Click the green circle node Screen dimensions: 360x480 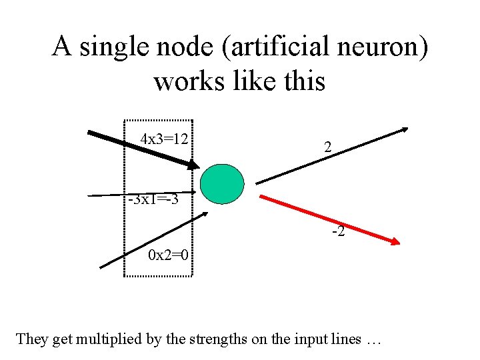click(x=223, y=183)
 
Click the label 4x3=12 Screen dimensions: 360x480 click(x=163, y=139)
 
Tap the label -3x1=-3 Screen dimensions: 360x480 click(x=153, y=200)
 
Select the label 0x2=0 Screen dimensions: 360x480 click(x=168, y=255)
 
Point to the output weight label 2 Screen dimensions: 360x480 click(x=327, y=148)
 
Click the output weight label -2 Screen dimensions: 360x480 click(x=339, y=232)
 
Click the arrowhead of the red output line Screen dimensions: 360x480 click(x=395, y=243)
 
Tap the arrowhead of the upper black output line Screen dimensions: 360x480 click(x=405, y=130)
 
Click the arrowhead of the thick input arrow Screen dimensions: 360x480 click(x=193, y=165)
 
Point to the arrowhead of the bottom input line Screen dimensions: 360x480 click(x=205, y=215)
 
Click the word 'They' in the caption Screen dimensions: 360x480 click(x=31, y=339)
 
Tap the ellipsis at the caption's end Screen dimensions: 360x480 click(x=373, y=340)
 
